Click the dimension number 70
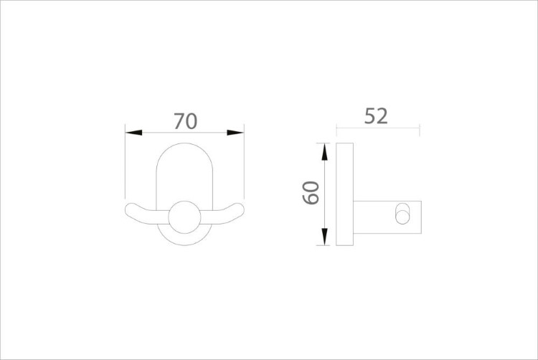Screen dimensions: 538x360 tap(185, 121)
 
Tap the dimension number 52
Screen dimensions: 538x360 tap(376, 116)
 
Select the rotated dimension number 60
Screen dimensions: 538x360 tap(311, 193)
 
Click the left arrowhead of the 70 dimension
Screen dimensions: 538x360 tap(133, 133)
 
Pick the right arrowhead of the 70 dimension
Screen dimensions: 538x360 tap(235, 133)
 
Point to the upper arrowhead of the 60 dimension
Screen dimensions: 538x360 tap(324, 152)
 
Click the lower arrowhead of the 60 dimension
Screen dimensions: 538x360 tap(324, 237)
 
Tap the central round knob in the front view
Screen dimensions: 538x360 tap(184, 217)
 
